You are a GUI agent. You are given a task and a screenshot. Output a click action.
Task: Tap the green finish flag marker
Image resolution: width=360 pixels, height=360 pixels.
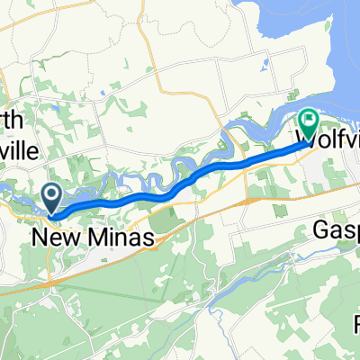tap(310, 120)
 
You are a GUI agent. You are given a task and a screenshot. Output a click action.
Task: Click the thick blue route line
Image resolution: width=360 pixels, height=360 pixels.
tap(180, 167)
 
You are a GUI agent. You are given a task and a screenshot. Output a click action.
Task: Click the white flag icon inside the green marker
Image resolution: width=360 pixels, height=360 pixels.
tap(310, 118)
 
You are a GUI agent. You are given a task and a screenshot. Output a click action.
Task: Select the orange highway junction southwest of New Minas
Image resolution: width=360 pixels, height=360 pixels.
tap(50, 281)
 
